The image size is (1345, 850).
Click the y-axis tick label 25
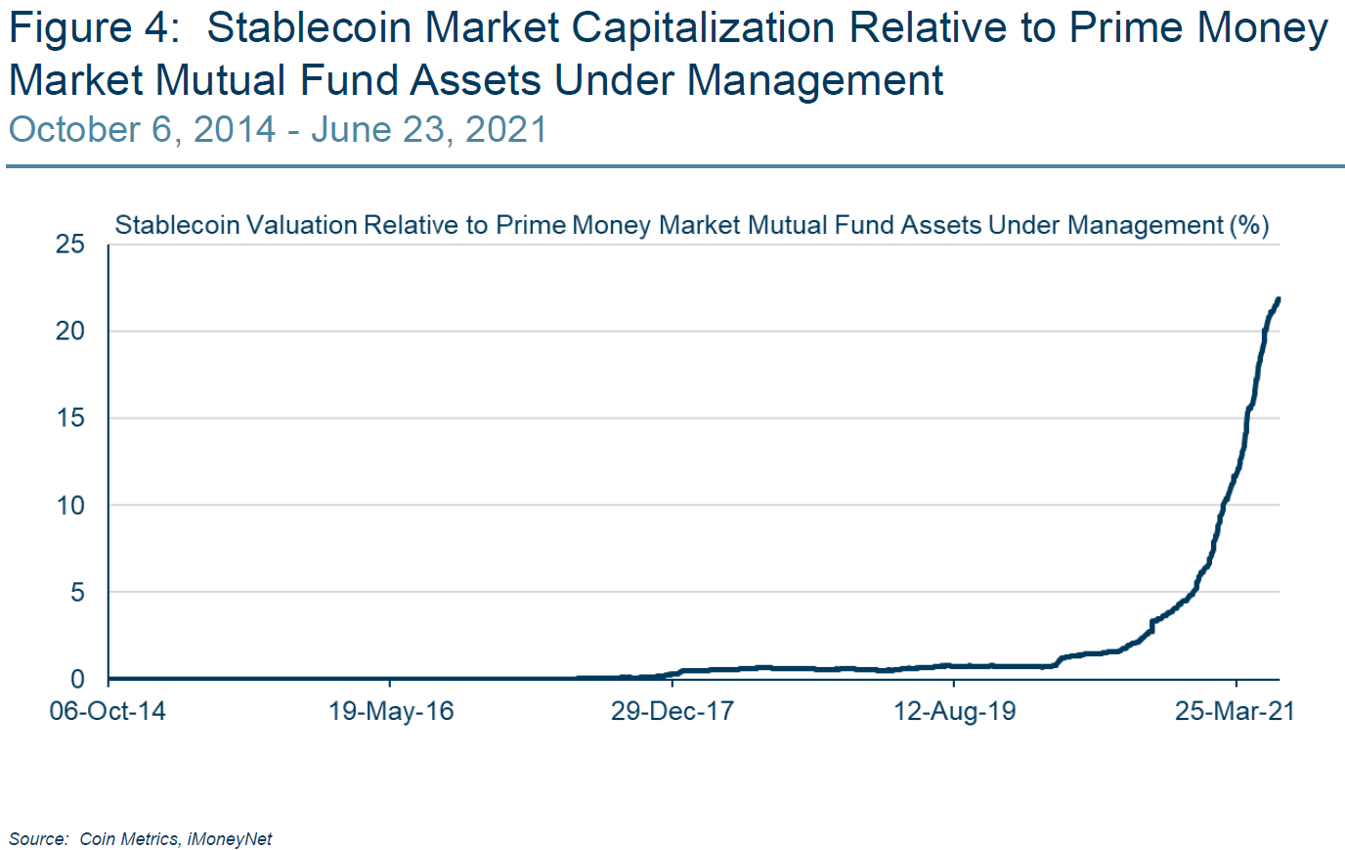70,244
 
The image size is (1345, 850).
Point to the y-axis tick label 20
70,331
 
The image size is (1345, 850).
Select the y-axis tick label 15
70,418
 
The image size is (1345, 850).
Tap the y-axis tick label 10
70,506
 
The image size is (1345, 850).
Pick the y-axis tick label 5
77,593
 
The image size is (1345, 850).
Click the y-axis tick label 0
77,679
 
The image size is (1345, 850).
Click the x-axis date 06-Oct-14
108,711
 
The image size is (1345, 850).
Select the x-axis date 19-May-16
391,711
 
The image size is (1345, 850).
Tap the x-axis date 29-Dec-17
672,711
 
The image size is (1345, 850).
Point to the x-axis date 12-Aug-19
954,711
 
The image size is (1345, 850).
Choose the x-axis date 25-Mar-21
1235,711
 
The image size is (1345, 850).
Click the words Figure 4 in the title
94,28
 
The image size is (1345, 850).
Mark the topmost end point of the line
1279,299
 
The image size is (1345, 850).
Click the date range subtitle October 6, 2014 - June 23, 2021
278,130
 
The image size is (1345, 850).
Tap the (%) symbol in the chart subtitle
1249,225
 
